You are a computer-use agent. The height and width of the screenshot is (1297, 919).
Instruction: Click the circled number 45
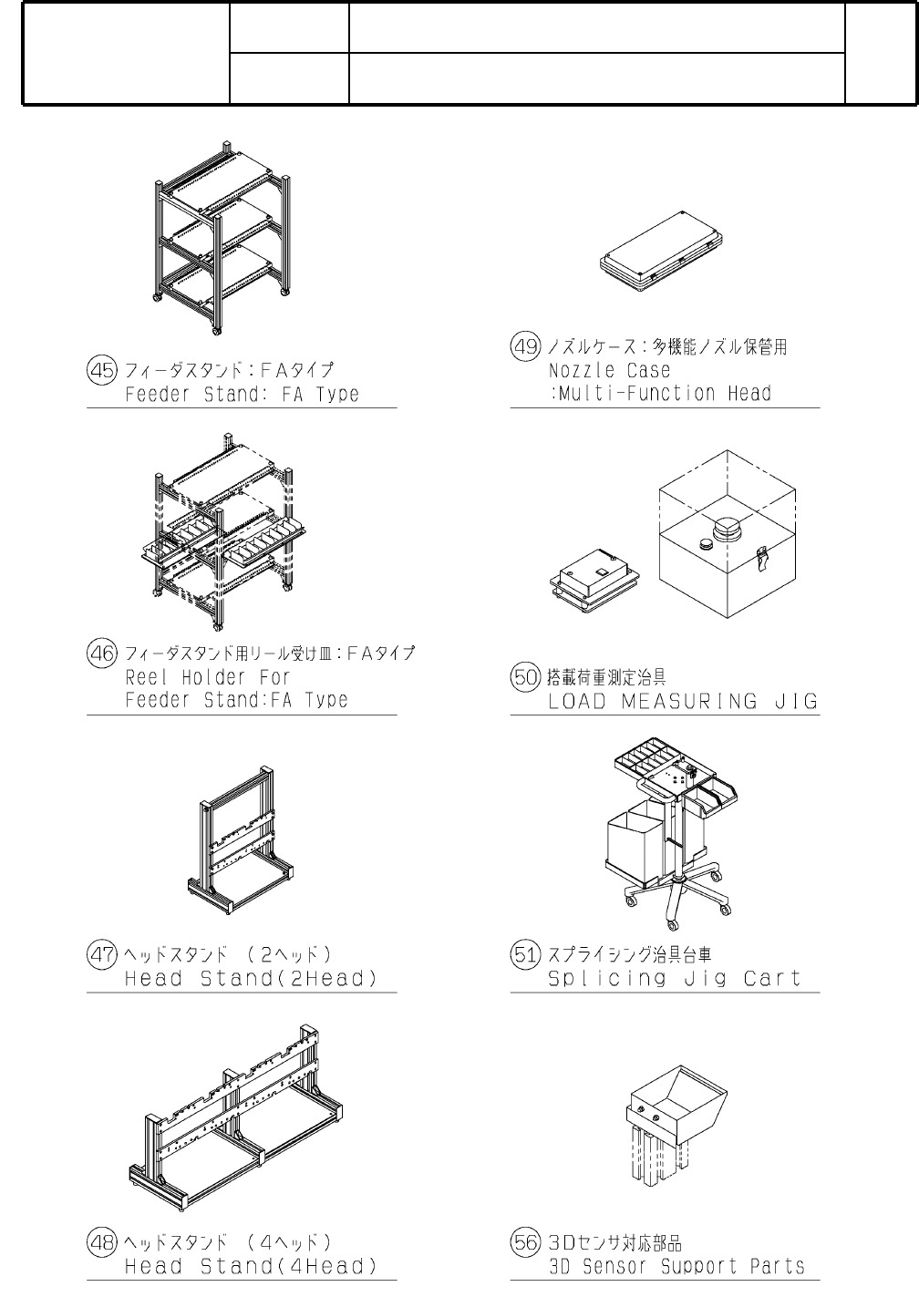tap(101, 370)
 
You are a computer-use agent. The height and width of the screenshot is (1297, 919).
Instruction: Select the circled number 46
tap(101, 653)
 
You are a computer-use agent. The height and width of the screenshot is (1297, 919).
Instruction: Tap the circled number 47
tap(101, 955)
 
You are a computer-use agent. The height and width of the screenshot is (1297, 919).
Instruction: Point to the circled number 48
tap(101, 1241)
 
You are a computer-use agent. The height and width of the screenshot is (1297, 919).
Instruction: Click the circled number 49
tap(524, 346)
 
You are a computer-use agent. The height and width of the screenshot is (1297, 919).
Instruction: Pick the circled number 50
tap(524, 677)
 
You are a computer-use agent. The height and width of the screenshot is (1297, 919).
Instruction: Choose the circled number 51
tap(524, 955)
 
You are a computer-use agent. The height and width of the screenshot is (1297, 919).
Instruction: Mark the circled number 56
tap(524, 1241)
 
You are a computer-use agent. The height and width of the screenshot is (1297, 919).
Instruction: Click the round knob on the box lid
tap(729, 528)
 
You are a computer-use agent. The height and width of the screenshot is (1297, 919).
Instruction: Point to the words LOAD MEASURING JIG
tap(683, 702)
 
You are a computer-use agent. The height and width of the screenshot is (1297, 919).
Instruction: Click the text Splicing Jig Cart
tap(674, 979)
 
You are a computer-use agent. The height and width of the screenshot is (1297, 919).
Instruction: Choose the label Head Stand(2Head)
tap(251, 979)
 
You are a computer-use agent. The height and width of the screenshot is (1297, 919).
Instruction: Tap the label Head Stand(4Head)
tap(251, 1266)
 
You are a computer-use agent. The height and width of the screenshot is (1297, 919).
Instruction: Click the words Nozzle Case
tap(609, 371)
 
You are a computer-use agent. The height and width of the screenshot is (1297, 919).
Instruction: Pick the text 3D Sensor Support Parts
tap(676, 1266)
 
